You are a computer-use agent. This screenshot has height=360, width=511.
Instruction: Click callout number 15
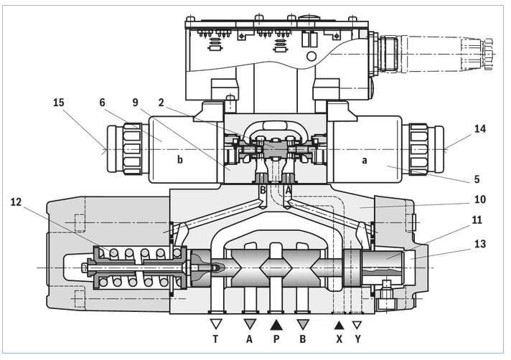coord(59,103)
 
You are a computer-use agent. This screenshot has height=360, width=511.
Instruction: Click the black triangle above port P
coord(276,324)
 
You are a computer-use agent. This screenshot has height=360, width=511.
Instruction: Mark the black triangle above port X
coord(339,324)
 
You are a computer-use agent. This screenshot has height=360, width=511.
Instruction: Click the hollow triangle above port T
coord(215,324)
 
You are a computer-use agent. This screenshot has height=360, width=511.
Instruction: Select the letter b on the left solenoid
coord(180,160)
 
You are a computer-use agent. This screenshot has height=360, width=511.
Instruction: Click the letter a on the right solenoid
coord(364,160)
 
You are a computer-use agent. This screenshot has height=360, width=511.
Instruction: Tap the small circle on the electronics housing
coord(310,55)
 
